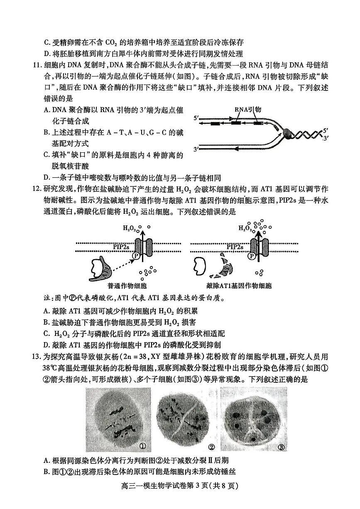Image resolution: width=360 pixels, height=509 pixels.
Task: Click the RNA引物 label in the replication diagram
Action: pos(247,109)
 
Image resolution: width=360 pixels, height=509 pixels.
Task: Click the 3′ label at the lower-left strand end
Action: pos(197,149)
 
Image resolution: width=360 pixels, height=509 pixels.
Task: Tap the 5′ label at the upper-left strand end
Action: pos(197,118)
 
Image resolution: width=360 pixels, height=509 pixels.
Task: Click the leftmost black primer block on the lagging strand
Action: pos(215,124)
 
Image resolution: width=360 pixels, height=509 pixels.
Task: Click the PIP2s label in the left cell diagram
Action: pos(121,247)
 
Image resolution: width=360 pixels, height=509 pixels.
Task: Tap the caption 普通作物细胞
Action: pos(127,286)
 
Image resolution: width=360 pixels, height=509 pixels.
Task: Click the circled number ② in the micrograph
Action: pos(212,447)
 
